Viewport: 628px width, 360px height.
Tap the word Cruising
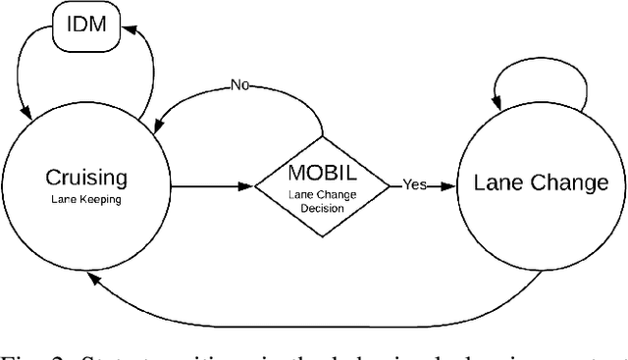coord(85,178)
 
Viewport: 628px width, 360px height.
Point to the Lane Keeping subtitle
coord(85,198)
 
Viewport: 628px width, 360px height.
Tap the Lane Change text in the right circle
coord(541,183)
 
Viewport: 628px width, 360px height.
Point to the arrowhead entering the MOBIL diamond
coord(247,183)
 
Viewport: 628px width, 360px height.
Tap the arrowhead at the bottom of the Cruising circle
coord(90,279)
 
